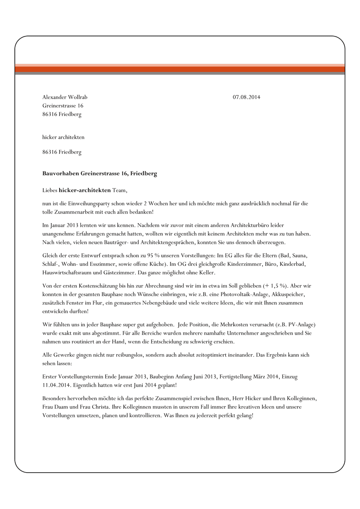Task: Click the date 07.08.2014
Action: (x=246, y=97)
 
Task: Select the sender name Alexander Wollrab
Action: (x=65, y=97)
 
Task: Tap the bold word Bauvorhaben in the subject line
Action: (x=61, y=174)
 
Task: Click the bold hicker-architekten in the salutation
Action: (x=84, y=190)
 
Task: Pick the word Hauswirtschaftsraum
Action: (x=67, y=273)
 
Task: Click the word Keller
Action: (x=207, y=273)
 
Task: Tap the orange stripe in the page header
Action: (x=180, y=69)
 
